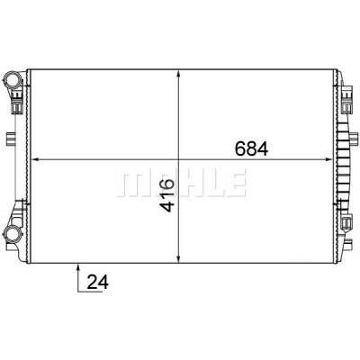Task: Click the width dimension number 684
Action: (251, 148)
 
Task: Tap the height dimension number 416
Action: (166, 195)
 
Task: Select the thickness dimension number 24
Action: (97, 283)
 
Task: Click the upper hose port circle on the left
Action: (12, 79)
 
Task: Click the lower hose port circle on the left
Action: (12, 233)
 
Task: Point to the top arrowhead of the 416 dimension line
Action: (179, 75)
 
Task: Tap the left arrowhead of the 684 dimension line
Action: (36, 159)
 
